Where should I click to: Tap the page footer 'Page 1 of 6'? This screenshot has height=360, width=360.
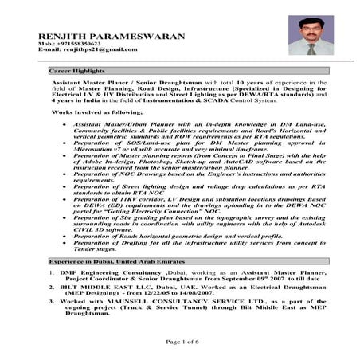[x=180, y=340]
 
